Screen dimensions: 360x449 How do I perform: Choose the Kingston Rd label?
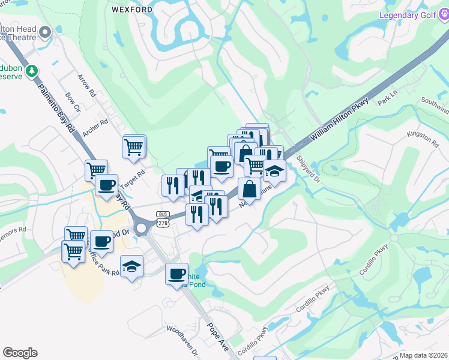pos(423,137)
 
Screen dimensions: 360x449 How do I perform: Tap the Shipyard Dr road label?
pos(309,170)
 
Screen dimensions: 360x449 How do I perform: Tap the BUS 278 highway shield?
pos(162,219)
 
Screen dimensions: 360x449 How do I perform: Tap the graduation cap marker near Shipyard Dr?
pos(274,172)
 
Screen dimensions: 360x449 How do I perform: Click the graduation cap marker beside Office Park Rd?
pos(131,266)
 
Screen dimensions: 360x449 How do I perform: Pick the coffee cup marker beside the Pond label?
pos(176,274)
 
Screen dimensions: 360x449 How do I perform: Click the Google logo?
pos(20,353)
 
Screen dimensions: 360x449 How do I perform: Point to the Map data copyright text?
pos(423,355)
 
